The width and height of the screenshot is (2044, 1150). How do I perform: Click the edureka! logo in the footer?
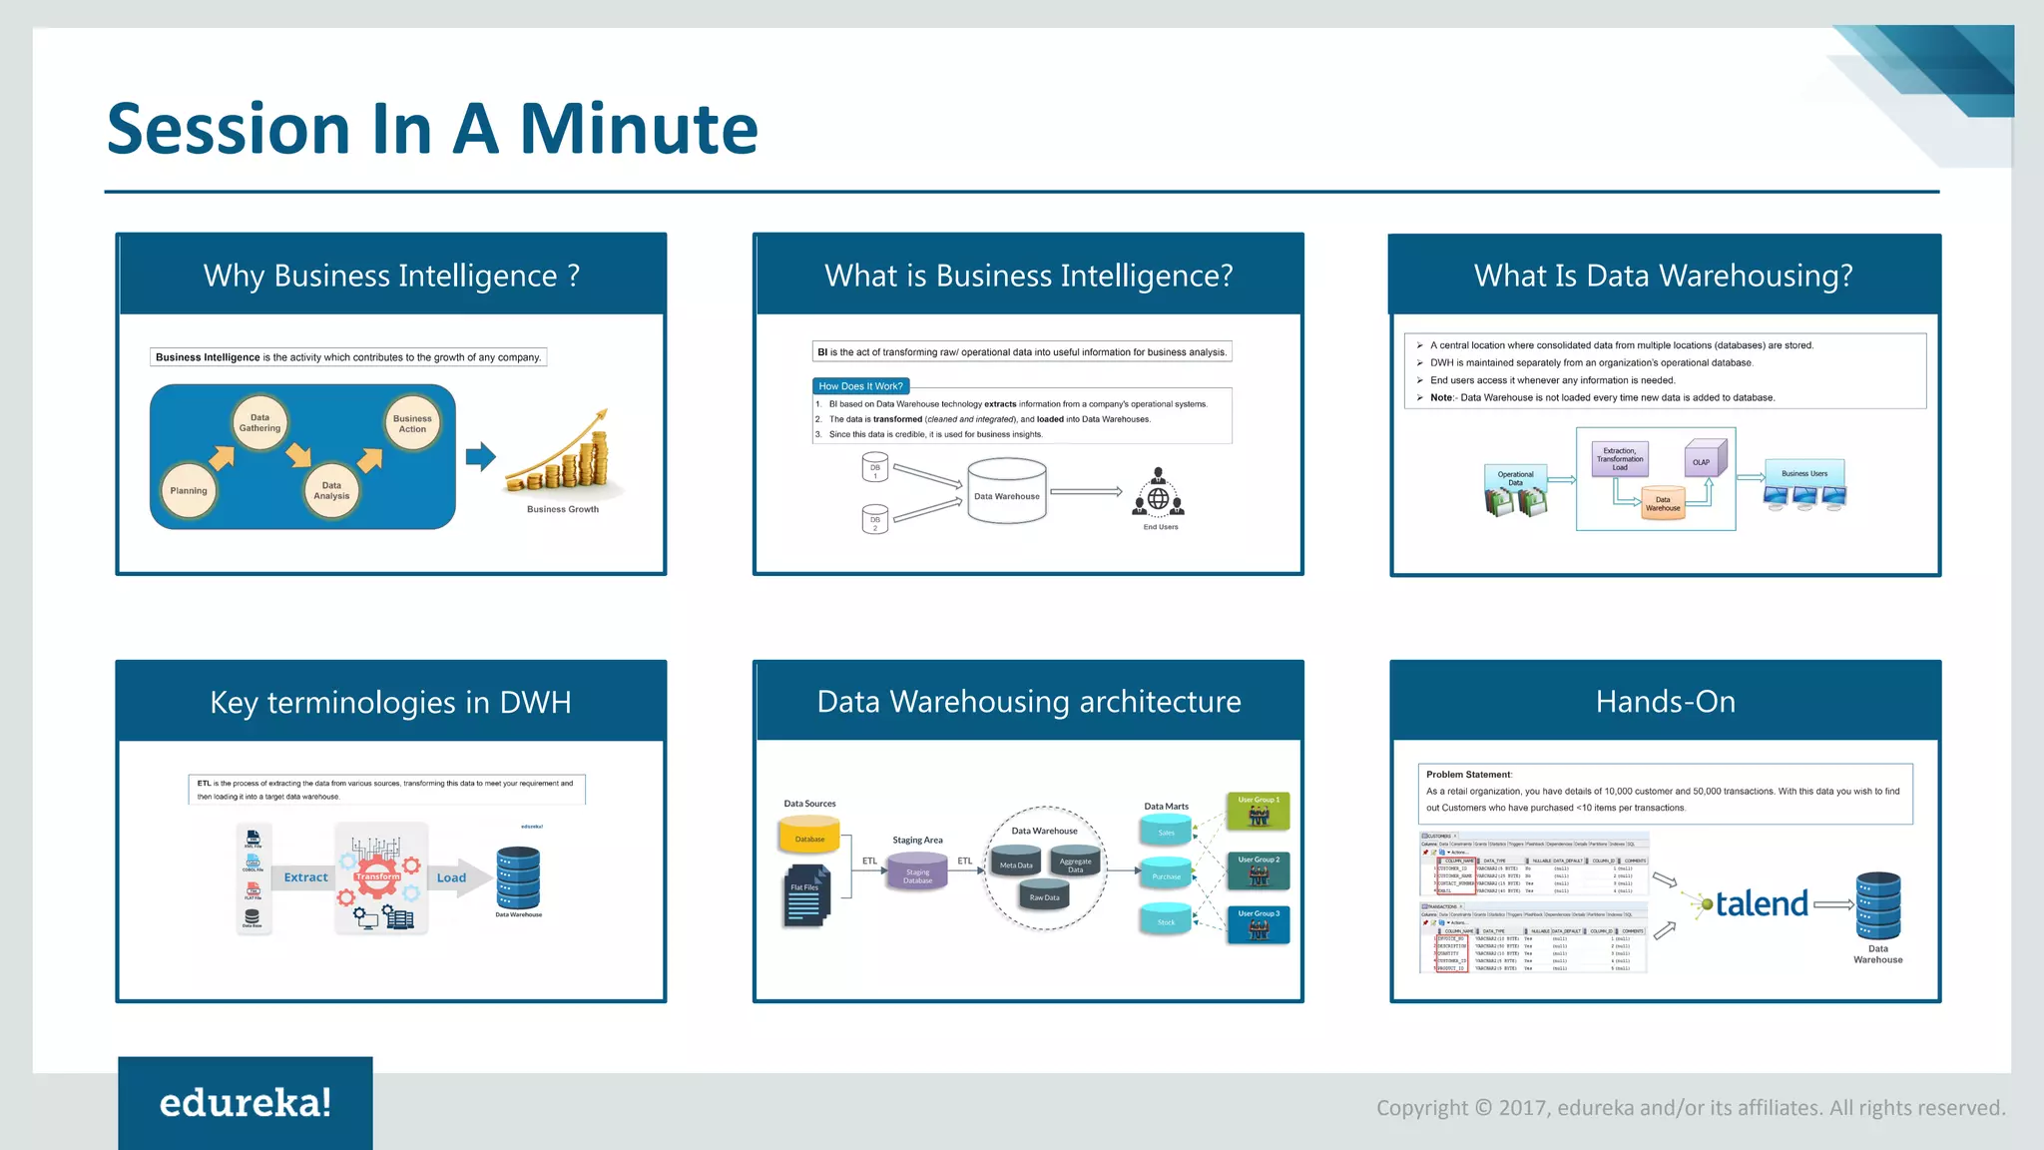246,1103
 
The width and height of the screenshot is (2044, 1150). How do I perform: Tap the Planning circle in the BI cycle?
189,490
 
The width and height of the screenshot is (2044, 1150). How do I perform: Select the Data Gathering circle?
259,423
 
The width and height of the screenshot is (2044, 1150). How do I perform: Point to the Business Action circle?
412,424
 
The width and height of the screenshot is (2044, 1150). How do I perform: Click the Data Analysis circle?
331,490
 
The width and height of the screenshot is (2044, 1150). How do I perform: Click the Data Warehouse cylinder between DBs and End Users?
1006,490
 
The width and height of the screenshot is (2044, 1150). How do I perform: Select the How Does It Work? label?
860,386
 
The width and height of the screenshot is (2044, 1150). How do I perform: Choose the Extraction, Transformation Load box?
1620,459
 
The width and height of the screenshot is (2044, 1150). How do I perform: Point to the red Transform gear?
377,876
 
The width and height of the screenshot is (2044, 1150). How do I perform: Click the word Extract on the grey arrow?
305,877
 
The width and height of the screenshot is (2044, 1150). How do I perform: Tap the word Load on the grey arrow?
451,878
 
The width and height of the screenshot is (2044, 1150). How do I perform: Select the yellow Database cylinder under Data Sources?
809,836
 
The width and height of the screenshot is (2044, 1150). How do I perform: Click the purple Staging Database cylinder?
917,871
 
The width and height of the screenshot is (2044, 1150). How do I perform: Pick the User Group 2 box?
1259,870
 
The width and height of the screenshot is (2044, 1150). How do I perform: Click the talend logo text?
1762,904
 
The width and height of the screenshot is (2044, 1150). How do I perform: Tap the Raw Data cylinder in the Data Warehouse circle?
1044,893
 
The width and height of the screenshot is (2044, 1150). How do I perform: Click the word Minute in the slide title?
639,130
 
